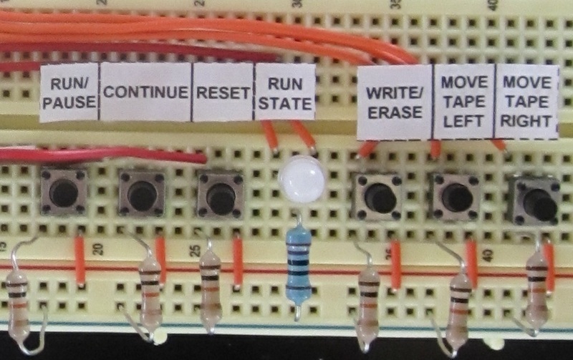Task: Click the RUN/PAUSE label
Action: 69,92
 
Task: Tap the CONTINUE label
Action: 146,92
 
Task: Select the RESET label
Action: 223,92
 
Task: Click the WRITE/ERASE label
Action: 395,102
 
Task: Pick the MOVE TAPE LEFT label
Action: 464,102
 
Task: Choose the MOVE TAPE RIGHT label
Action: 526,102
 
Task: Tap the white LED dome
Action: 302,178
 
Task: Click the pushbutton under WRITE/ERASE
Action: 377,196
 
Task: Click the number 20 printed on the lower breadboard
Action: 98,249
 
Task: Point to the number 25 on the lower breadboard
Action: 196,250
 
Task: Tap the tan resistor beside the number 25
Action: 211,286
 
